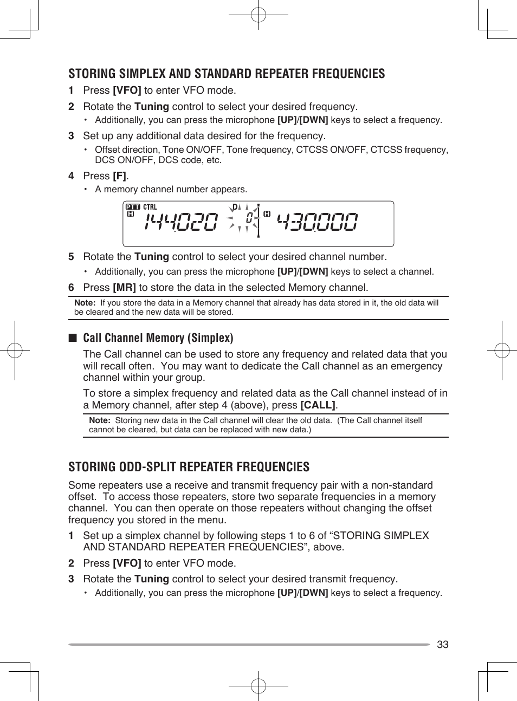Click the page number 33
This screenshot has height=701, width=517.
[x=442, y=644]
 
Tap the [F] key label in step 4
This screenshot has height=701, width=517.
[x=120, y=176]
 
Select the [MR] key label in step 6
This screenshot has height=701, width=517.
[x=124, y=288]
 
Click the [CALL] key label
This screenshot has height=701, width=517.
[x=319, y=405]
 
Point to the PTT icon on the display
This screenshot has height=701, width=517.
[x=133, y=207]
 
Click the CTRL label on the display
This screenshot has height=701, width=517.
[x=150, y=207]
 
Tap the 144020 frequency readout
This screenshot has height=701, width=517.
[x=181, y=222]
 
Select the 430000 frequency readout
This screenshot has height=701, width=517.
[x=317, y=222]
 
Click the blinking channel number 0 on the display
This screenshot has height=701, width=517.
[x=249, y=218]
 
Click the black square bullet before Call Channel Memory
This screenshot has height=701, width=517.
[x=73, y=338]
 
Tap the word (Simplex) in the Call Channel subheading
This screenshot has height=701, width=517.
[x=210, y=338]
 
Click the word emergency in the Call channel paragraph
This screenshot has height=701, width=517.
[x=416, y=366]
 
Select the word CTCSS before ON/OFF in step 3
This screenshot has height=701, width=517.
[x=312, y=150]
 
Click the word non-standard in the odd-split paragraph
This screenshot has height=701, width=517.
[x=402, y=485]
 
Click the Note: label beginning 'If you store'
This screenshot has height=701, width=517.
[x=85, y=303]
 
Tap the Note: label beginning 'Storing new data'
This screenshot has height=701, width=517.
[x=100, y=420]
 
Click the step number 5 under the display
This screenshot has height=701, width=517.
[x=71, y=257]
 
